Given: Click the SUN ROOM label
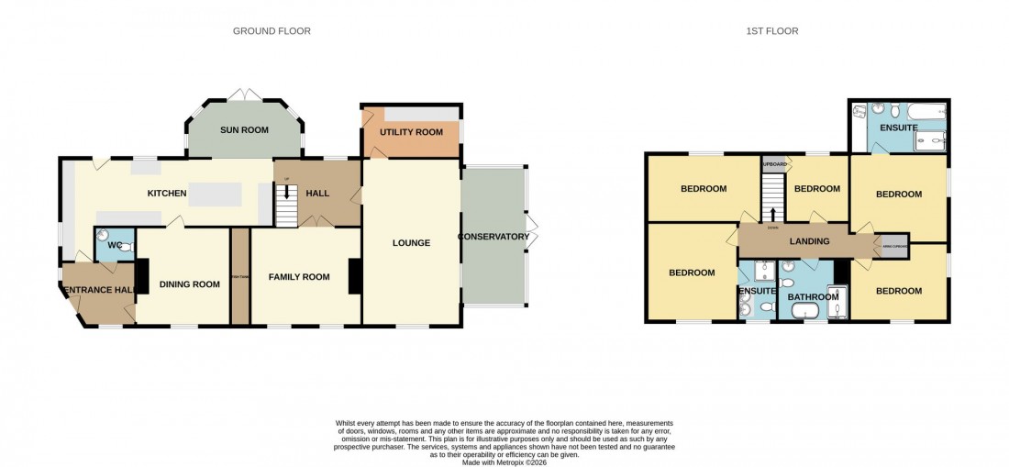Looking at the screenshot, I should pos(244,130).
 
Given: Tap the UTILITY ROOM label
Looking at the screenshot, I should pos(411,132).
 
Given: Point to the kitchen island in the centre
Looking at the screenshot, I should pos(216,195).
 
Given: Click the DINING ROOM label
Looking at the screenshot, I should pos(190,284).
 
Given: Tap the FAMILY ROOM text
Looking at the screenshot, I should pos(298,277).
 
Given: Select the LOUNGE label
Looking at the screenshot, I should pos(411,243).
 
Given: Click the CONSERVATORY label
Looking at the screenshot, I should pos(495,237).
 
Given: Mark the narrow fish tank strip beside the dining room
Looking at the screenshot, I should pos(239,275).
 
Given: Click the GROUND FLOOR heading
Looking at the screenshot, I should pos(272,31).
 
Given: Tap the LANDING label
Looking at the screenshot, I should pos(808,241).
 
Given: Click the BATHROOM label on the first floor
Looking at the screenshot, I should pos(814,296).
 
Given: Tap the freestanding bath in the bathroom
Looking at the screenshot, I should pos(805,312).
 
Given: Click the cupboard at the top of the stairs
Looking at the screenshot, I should pos(773,164).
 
